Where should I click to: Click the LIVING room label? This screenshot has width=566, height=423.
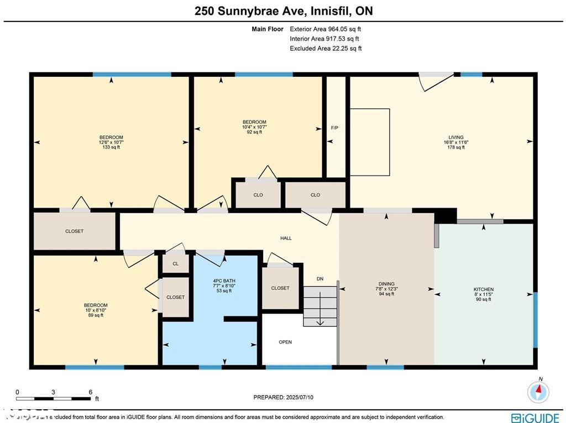coord(456,138)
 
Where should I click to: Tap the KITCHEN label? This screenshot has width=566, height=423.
coord(484,289)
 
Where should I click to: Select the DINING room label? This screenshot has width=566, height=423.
coord(386,284)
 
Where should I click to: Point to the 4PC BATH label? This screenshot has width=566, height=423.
coord(224,281)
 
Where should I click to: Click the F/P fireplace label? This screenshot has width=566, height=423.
coord(334,128)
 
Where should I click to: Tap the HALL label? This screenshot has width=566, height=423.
coord(286,238)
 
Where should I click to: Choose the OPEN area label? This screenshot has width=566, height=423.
coord(285,342)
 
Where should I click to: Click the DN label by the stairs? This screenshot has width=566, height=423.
coord(320,279)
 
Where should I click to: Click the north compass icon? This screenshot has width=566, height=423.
coord(538,392)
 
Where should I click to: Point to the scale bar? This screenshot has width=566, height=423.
coord(53,398)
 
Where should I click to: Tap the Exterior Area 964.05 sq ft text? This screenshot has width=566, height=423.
coord(326,29)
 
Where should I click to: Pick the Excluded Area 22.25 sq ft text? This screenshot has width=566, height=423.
coord(326,49)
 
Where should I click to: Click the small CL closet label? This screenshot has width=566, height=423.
coord(176,263)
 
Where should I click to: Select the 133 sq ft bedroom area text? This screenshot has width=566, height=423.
coord(111,147)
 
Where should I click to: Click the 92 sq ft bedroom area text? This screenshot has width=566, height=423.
coord(254,132)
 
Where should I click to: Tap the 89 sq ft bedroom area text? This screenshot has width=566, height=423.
coord(96,315)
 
